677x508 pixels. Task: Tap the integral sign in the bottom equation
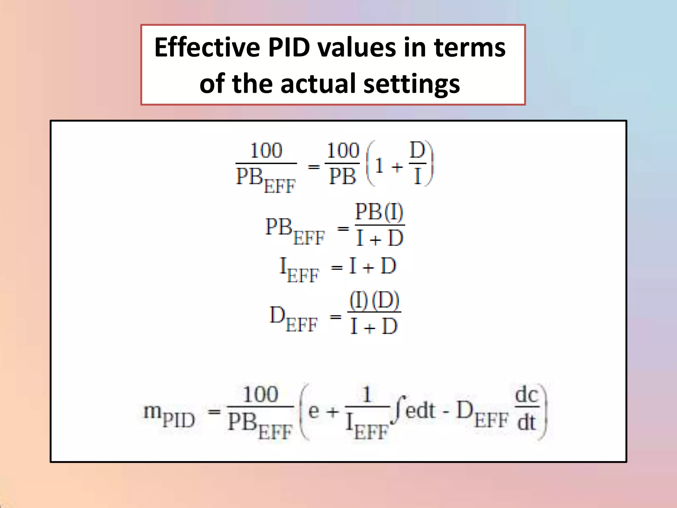(x=398, y=410)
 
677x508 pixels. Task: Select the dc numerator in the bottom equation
(x=527, y=395)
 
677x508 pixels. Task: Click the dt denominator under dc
(x=526, y=422)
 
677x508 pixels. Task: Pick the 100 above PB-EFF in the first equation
(x=266, y=150)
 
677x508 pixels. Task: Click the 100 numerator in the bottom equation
(x=260, y=394)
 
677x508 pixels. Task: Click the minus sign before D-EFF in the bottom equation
(x=446, y=413)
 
